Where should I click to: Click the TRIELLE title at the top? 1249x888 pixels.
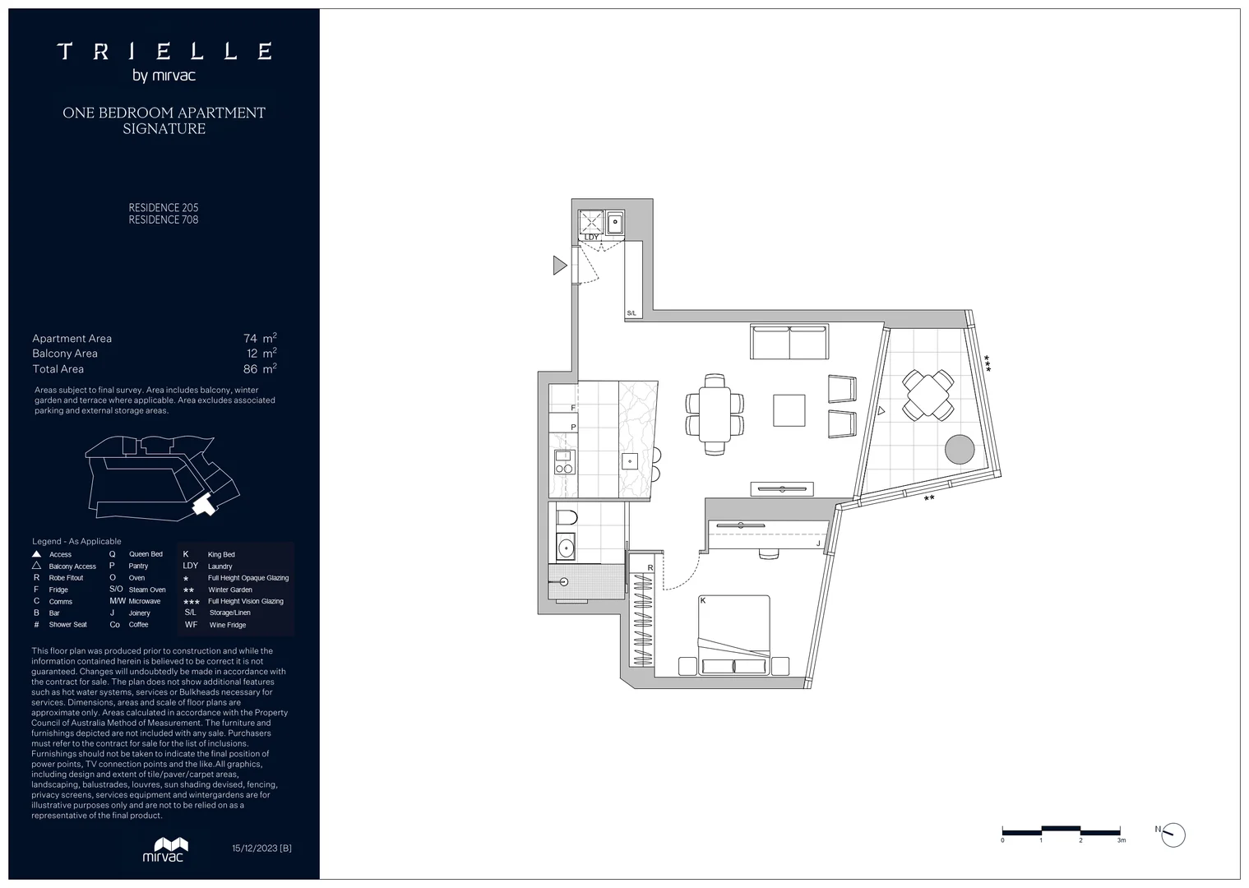(x=164, y=52)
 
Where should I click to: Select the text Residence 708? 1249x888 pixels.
(x=164, y=220)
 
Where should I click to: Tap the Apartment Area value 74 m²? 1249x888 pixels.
(x=260, y=338)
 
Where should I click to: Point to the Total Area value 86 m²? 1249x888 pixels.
(x=260, y=369)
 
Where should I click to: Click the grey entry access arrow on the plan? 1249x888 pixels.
(x=560, y=265)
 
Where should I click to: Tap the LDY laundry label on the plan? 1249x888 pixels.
(x=592, y=238)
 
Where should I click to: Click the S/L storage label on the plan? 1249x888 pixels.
(x=631, y=313)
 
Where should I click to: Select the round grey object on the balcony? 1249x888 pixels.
(x=960, y=449)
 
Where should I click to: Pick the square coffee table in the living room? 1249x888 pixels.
(x=789, y=410)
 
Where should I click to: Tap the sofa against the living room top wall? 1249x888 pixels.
(x=789, y=342)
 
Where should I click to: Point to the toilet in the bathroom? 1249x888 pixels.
(x=566, y=518)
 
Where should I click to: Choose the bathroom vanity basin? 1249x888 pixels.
(x=565, y=546)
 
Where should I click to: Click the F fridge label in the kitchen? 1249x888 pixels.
(x=573, y=408)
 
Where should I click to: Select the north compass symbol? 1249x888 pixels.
(x=1174, y=835)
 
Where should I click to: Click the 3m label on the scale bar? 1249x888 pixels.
(x=1121, y=840)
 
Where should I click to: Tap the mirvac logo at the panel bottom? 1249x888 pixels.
(x=164, y=849)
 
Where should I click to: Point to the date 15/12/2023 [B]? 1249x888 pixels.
(x=261, y=848)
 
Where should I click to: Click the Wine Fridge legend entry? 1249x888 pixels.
(x=227, y=625)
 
